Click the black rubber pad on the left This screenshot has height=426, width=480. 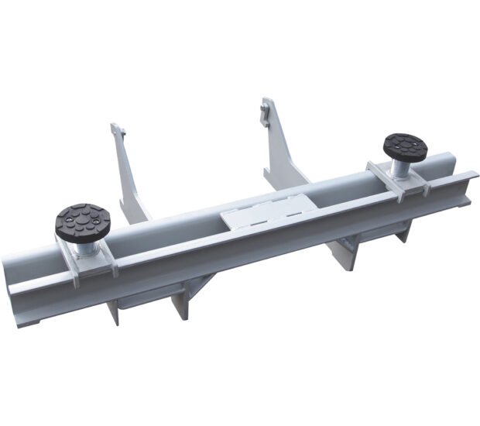pyautogui.click(x=82, y=222)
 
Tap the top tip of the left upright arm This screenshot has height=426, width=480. pyautogui.click(x=115, y=126)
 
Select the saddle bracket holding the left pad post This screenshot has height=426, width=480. pyautogui.click(x=87, y=262)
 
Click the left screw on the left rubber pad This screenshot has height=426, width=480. pyautogui.click(x=67, y=225)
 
